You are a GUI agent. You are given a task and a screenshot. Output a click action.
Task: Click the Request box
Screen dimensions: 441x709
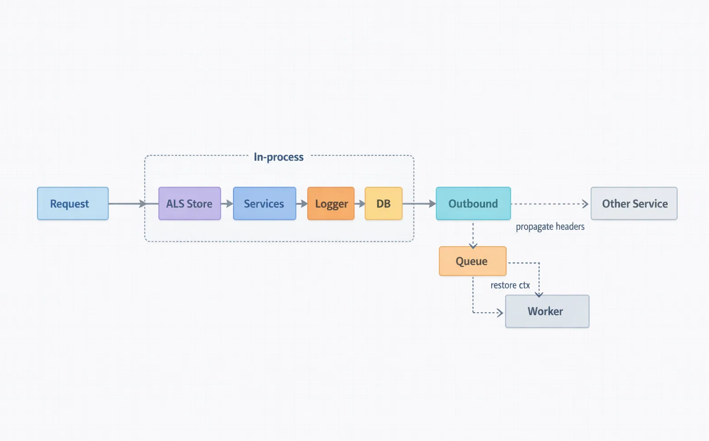(x=73, y=203)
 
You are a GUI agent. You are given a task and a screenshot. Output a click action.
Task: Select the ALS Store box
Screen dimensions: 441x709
(x=189, y=203)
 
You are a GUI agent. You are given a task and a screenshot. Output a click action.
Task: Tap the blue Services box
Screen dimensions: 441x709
(x=264, y=203)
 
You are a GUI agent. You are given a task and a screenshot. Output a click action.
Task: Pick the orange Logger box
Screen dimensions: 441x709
(x=331, y=203)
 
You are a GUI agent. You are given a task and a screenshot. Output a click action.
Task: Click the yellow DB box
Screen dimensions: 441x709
(x=383, y=203)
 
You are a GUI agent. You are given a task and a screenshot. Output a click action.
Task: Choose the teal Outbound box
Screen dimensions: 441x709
(x=473, y=203)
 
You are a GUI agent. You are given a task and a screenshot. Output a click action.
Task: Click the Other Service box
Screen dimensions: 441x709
(x=634, y=203)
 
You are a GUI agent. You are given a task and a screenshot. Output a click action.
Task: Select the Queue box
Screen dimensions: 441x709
(x=472, y=261)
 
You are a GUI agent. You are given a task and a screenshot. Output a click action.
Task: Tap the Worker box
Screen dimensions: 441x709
(x=547, y=311)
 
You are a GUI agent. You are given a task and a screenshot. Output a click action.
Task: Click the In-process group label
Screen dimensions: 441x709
(x=278, y=157)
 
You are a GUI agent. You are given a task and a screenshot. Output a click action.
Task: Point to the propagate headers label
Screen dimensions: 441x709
(x=550, y=227)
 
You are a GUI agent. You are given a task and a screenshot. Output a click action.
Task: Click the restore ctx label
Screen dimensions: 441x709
(x=510, y=285)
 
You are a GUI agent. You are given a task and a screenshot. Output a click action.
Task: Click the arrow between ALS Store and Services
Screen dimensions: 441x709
(x=227, y=204)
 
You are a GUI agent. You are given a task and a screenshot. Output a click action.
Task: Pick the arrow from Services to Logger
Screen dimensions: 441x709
(x=302, y=204)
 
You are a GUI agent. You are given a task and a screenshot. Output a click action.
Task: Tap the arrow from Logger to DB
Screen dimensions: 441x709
(x=360, y=204)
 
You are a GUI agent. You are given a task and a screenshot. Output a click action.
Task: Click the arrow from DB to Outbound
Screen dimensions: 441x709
(x=419, y=204)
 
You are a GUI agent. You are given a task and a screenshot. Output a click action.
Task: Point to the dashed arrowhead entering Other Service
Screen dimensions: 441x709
(x=585, y=204)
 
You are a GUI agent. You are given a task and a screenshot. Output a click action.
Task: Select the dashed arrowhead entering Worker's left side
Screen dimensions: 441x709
(x=500, y=313)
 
